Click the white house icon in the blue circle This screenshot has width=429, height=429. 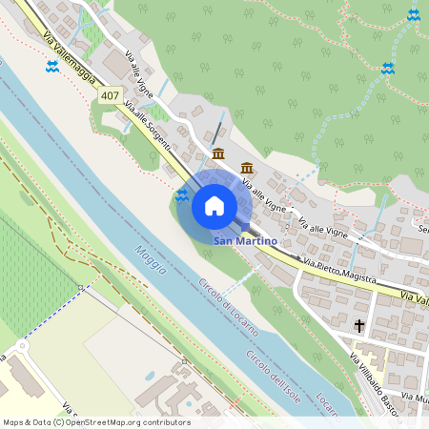click(214, 206)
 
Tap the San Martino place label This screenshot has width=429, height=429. click(246, 241)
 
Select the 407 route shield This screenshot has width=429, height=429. click(110, 96)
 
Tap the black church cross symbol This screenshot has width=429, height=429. click(359, 326)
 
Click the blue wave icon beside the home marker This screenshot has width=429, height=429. click(181, 195)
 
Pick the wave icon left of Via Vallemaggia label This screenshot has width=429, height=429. click(52, 66)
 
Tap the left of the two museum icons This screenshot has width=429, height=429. click(218, 154)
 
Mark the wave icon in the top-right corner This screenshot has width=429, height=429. click(413, 14)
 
